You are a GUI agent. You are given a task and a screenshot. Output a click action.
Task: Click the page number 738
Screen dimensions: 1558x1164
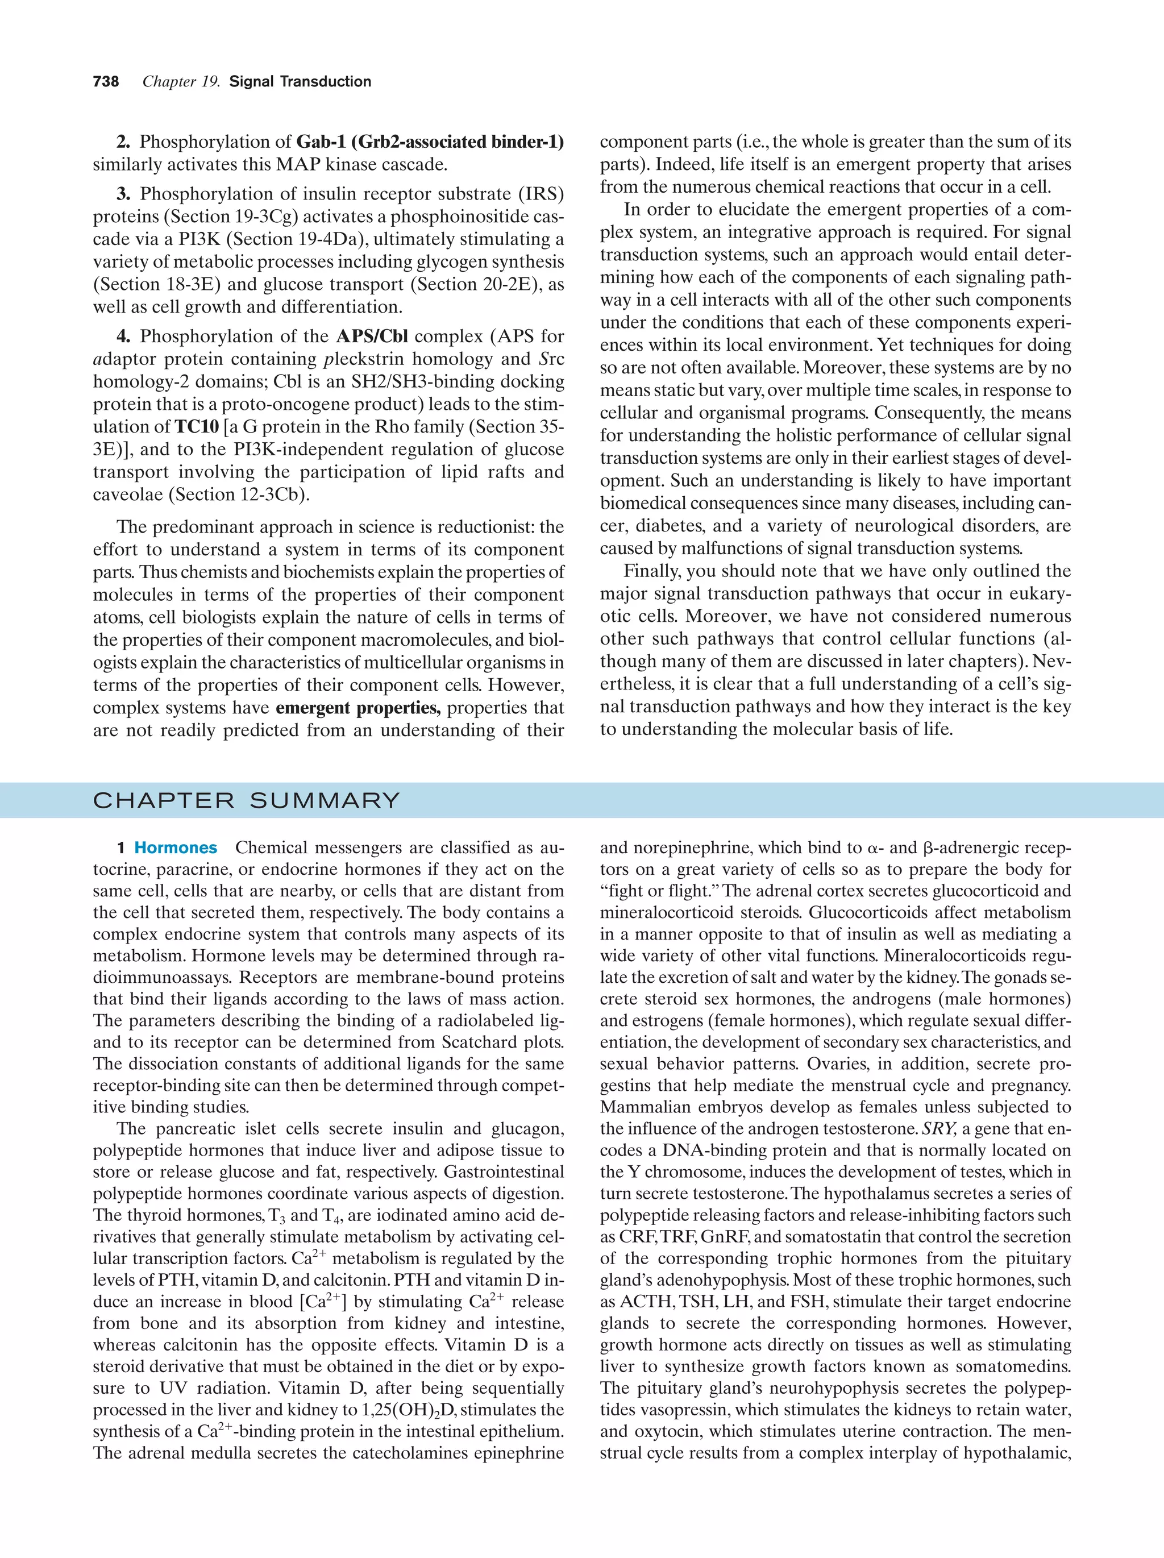(x=106, y=82)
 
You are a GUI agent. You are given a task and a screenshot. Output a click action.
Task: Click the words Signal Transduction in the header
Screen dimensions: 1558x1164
(x=300, y=82)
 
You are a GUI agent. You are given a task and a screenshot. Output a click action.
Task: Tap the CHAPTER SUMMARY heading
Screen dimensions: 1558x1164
(x=247, y=801)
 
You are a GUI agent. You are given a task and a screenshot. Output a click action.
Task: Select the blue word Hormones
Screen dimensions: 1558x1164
(x=176, y=848)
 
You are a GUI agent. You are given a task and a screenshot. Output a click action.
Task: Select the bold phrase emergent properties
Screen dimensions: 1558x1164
(x=357, y=708)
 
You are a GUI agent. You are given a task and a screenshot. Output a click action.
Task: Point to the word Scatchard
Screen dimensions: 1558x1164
(x=481, y=1042)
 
